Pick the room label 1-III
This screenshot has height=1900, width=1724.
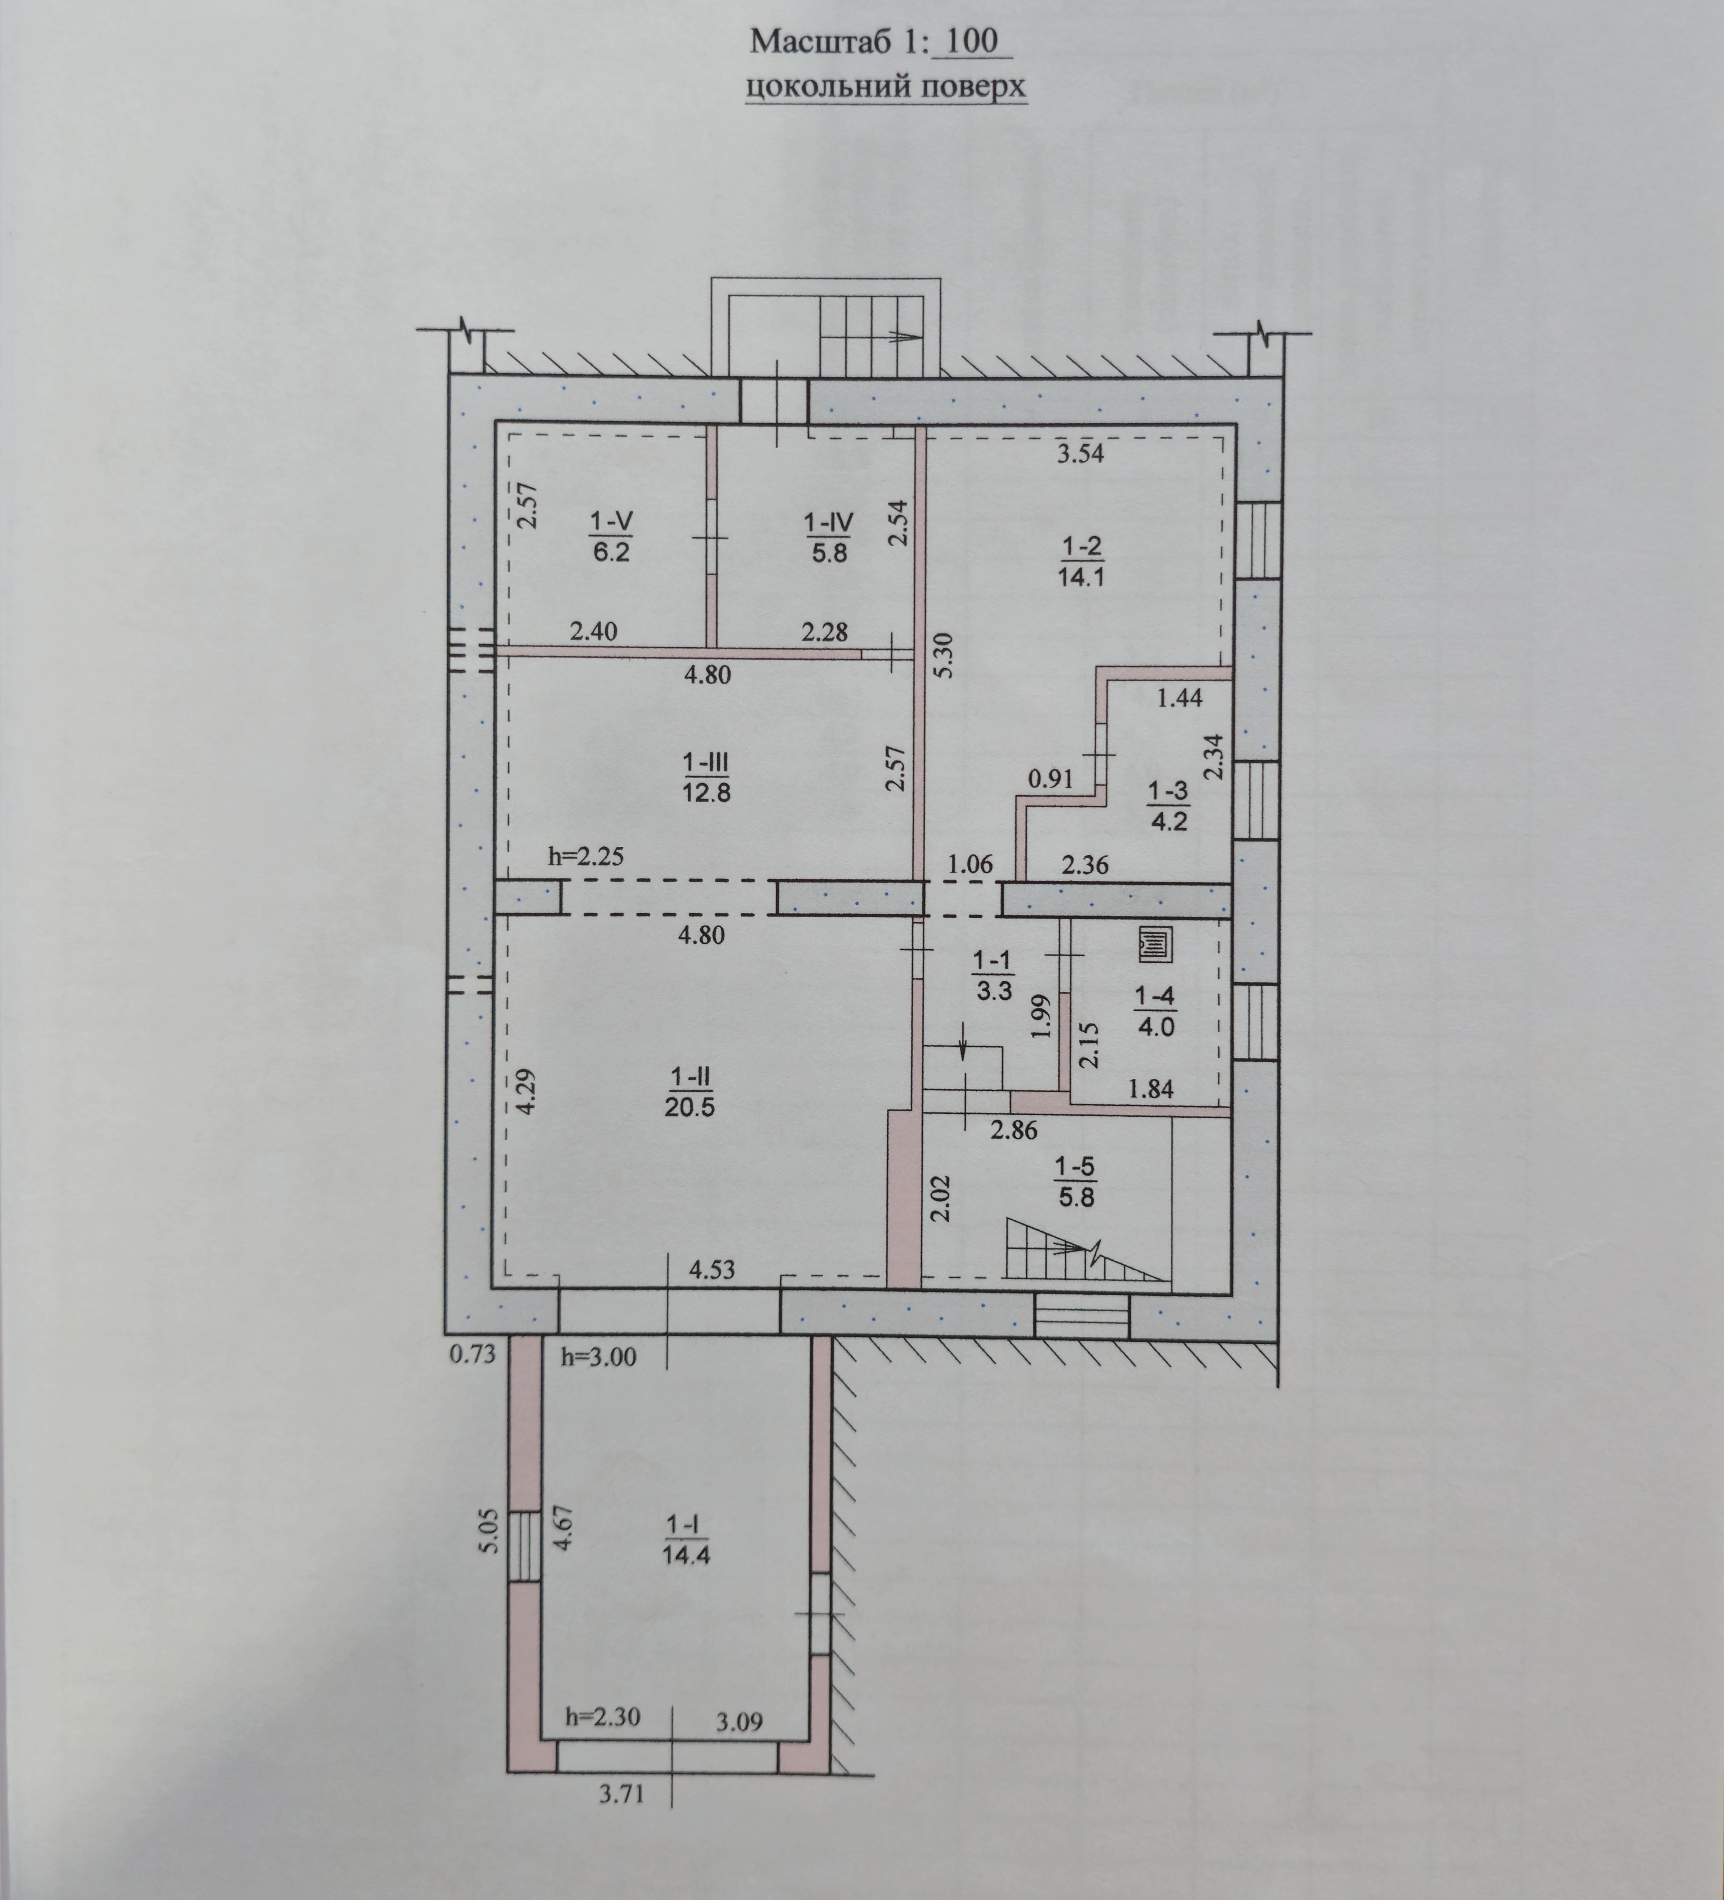706,759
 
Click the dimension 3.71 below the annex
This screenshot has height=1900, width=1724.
622,1794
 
